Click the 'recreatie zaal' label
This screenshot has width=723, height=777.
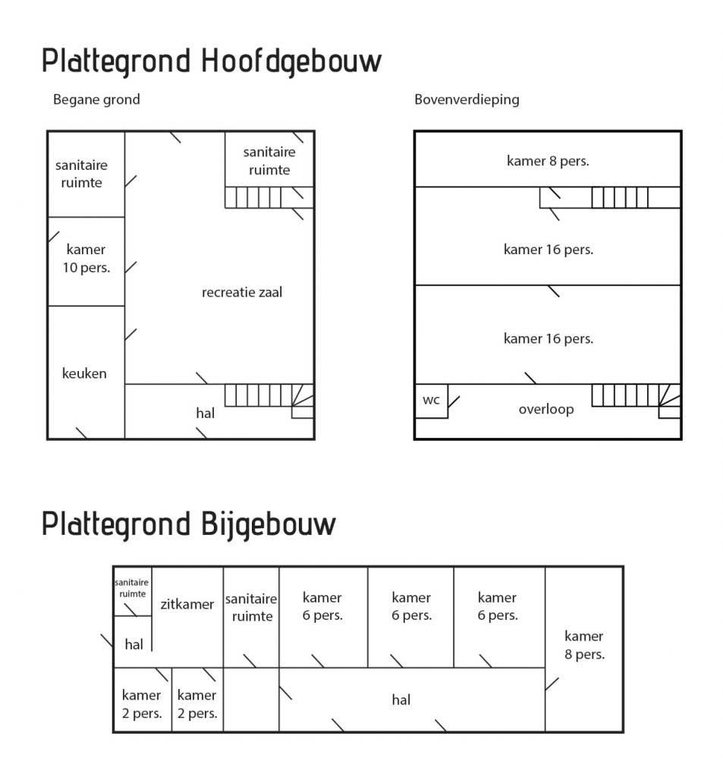pos(242,292)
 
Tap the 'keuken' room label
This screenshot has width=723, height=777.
pos(84,373)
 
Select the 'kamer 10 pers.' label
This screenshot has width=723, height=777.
pos(86,258)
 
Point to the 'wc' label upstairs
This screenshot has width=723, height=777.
pos(431,400)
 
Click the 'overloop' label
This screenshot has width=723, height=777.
pos(546,409)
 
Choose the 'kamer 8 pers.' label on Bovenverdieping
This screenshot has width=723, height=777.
pos(548,161)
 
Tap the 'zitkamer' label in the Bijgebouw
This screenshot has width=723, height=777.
pos(187,604)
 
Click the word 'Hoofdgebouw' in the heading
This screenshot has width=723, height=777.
pos(291,61)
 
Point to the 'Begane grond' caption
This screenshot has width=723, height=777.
pos(96,99)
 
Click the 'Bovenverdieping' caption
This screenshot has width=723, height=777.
pos(467,99)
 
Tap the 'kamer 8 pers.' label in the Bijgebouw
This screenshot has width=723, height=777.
pos(585,645)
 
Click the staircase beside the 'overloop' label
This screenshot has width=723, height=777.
pos(637,401)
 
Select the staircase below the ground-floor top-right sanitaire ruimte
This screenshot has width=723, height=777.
pos(269,197)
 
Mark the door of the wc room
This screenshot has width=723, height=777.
pos(454,402)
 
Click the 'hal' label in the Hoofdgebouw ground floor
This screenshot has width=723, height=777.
pos(205,414)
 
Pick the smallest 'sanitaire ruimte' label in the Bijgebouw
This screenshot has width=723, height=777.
pos(132,588)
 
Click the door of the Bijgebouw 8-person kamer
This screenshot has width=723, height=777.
pos(552,684)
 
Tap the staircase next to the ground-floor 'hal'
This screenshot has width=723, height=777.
pos(269,401)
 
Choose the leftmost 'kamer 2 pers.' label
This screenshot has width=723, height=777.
pos(142,704)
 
